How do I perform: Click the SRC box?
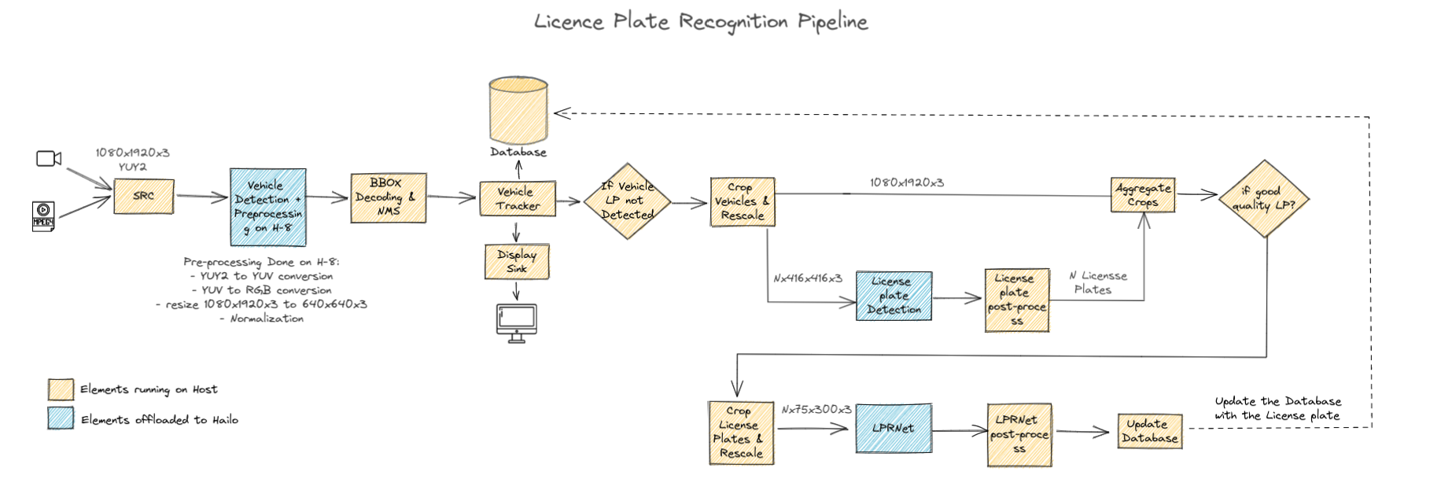click(144, 196)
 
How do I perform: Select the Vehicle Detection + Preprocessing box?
click(267, 207)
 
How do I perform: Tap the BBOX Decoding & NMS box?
click(388, 197)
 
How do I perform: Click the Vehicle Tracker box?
click(518, 198)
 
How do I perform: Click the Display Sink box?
click(517, 261)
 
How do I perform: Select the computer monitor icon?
click(517, 322)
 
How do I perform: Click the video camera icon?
click(49, 159)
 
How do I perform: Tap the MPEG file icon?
click(43, 216)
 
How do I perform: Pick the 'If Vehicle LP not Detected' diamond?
click(627, 201)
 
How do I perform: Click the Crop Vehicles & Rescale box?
click(742, 202)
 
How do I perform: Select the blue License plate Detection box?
click(894, 296)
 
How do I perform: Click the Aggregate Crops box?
click(1143, 195)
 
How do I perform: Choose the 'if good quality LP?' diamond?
click(1263, 198)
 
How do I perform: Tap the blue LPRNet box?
click(894, 428)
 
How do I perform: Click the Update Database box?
click(1149, 431)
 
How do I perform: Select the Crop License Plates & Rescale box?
click(740, 433)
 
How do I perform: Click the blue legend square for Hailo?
click(61, 418)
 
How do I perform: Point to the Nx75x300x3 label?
click(816, 409)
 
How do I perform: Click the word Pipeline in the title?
click(832, 21)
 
